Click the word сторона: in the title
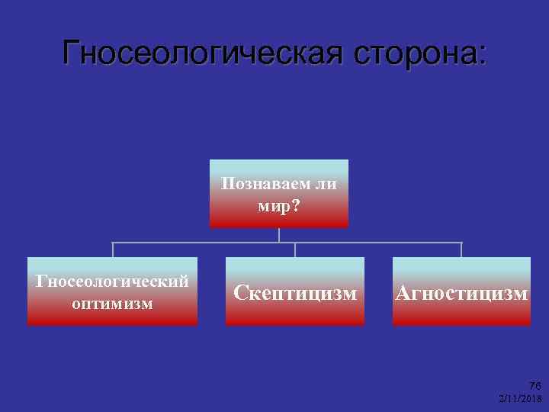415,53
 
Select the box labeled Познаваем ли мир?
279,194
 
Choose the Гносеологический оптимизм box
112,291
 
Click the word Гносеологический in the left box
112,281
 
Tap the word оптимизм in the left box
112,303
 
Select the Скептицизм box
295,291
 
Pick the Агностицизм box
461,291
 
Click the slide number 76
535,386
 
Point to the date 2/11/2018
520,398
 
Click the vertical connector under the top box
279,235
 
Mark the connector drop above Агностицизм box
461,249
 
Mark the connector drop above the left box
113,249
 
